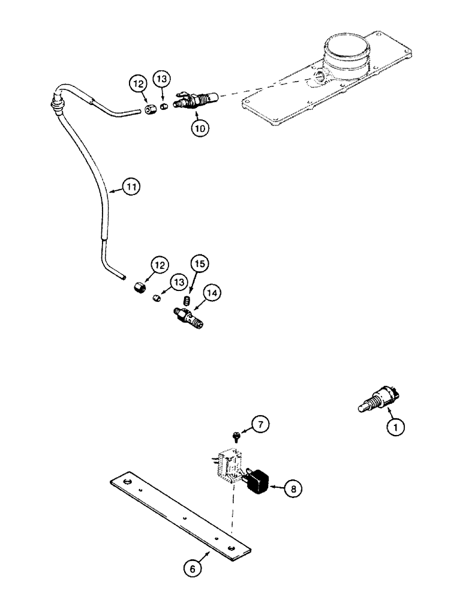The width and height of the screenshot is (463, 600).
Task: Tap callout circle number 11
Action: click(x=131, y=187)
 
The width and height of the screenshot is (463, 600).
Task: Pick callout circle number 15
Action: click(x=199, y=263)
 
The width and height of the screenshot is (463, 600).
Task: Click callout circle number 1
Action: click(x=395, y=427)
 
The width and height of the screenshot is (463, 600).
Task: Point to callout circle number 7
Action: click(x=259, y=425)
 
